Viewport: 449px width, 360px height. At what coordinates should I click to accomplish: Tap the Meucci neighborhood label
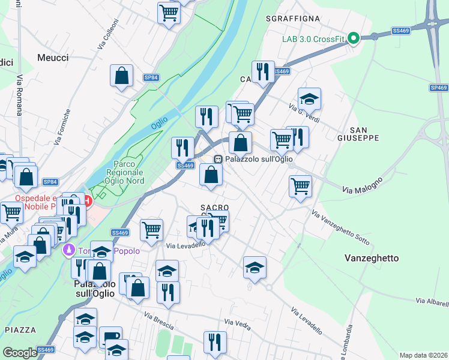[x=53, y=58]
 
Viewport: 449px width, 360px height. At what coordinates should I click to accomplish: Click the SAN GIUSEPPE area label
[x=364, y=134]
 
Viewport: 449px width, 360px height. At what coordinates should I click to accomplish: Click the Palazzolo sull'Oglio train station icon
[x=218, y=159]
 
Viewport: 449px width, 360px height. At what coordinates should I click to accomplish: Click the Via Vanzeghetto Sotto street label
[x=340, y=226]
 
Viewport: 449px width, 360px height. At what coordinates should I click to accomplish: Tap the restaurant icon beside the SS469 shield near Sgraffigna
[x=263, y=72]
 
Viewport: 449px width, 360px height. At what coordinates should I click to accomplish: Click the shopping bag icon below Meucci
[x=121, y=76]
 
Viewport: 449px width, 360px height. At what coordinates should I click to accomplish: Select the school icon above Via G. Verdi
[x=309, y=99]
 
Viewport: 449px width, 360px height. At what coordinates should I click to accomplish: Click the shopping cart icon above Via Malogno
[x=300, y=185]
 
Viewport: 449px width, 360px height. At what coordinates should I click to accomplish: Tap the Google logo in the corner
[x=20, y=353]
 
